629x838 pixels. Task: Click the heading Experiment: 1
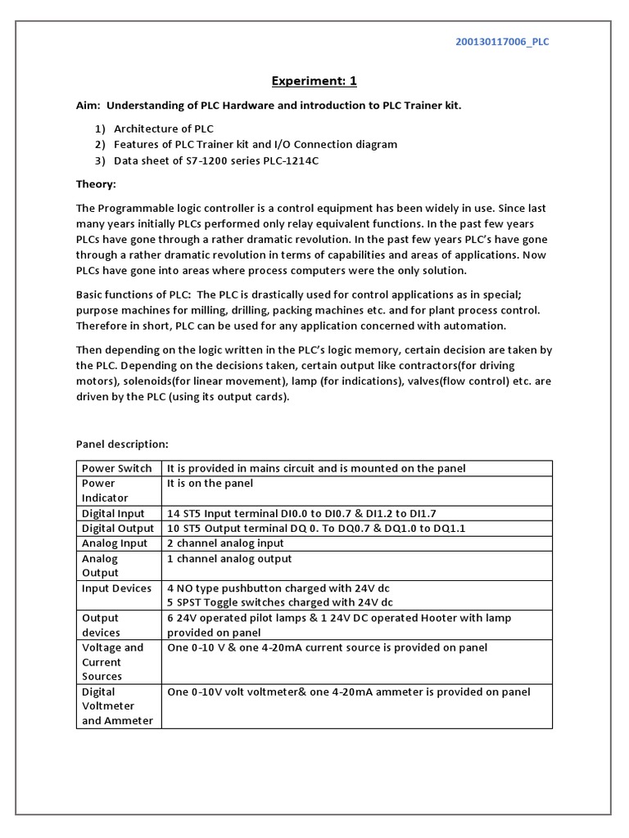pos(314,81)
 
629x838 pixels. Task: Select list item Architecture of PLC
pos(164,128)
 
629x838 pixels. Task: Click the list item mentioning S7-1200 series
pos(216,160)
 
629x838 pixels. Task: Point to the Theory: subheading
pos(97,184)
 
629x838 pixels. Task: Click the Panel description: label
pos(122,444)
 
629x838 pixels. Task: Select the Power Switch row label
pos(116,468)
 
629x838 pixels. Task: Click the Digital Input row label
pos(113,513)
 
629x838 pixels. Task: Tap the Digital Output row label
pos(117,528)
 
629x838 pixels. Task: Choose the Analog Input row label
pos(115,543)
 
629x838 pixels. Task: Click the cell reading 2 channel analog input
pos(225,543)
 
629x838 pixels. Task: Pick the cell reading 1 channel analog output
pos(229,558)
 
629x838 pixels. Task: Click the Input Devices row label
pos(116,588)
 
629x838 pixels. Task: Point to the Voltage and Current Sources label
pos(112,661)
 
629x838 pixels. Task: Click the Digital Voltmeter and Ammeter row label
pos(117,705)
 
